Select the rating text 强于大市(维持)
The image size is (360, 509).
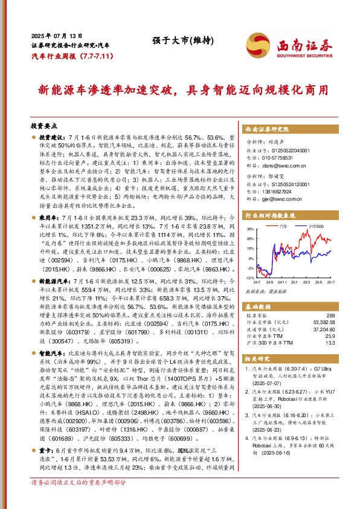click(x=172, y=41)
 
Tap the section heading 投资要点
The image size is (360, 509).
click(x=43, y=126)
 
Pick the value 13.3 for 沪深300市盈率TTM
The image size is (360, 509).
click(x=329, y=344)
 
